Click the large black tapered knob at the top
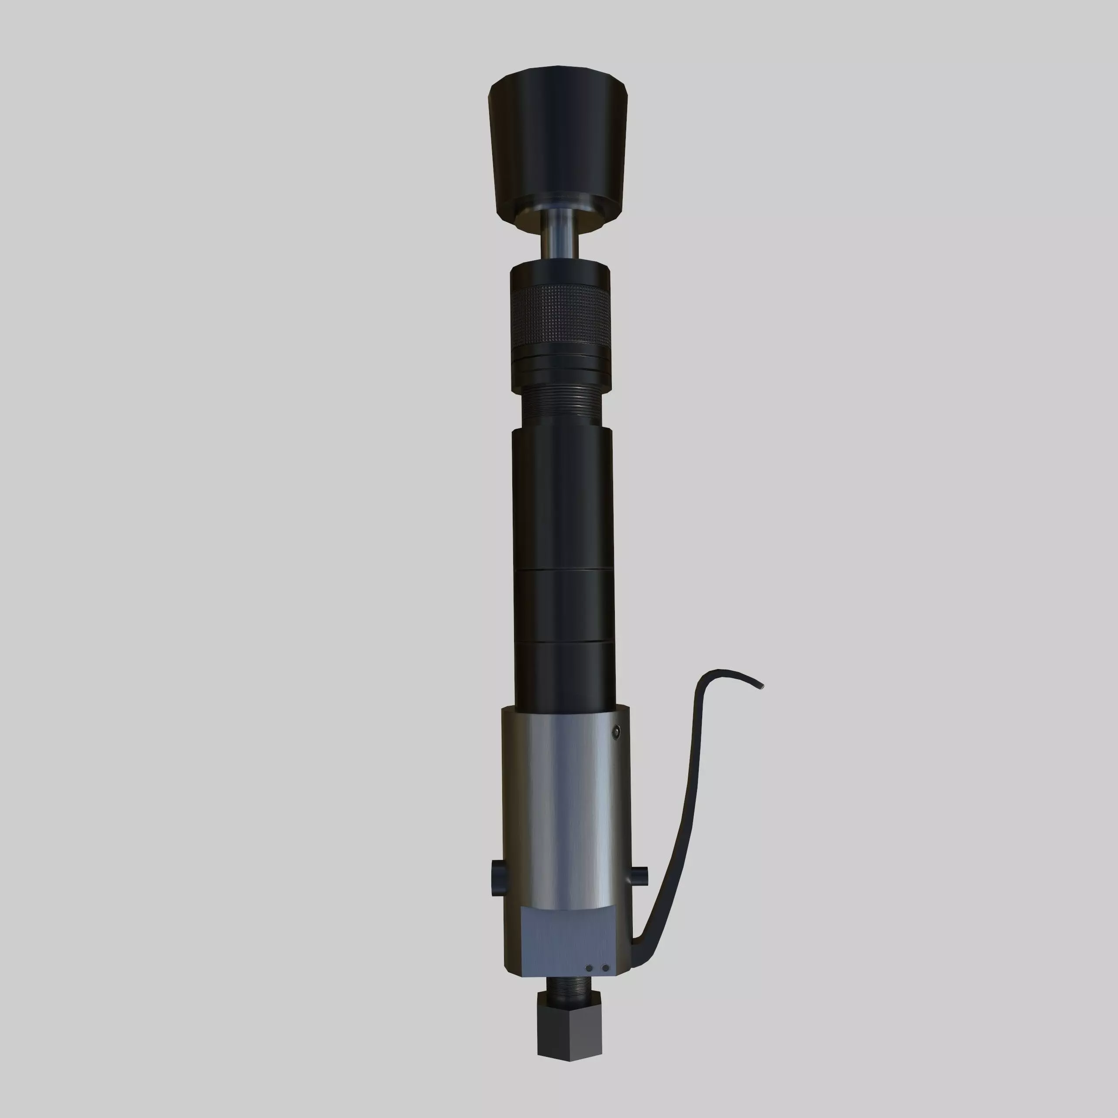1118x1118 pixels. click(x=559, y=145)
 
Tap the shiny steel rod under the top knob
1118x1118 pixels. click(x=559, y=235)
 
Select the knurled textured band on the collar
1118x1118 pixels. click(x=559, y=318)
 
